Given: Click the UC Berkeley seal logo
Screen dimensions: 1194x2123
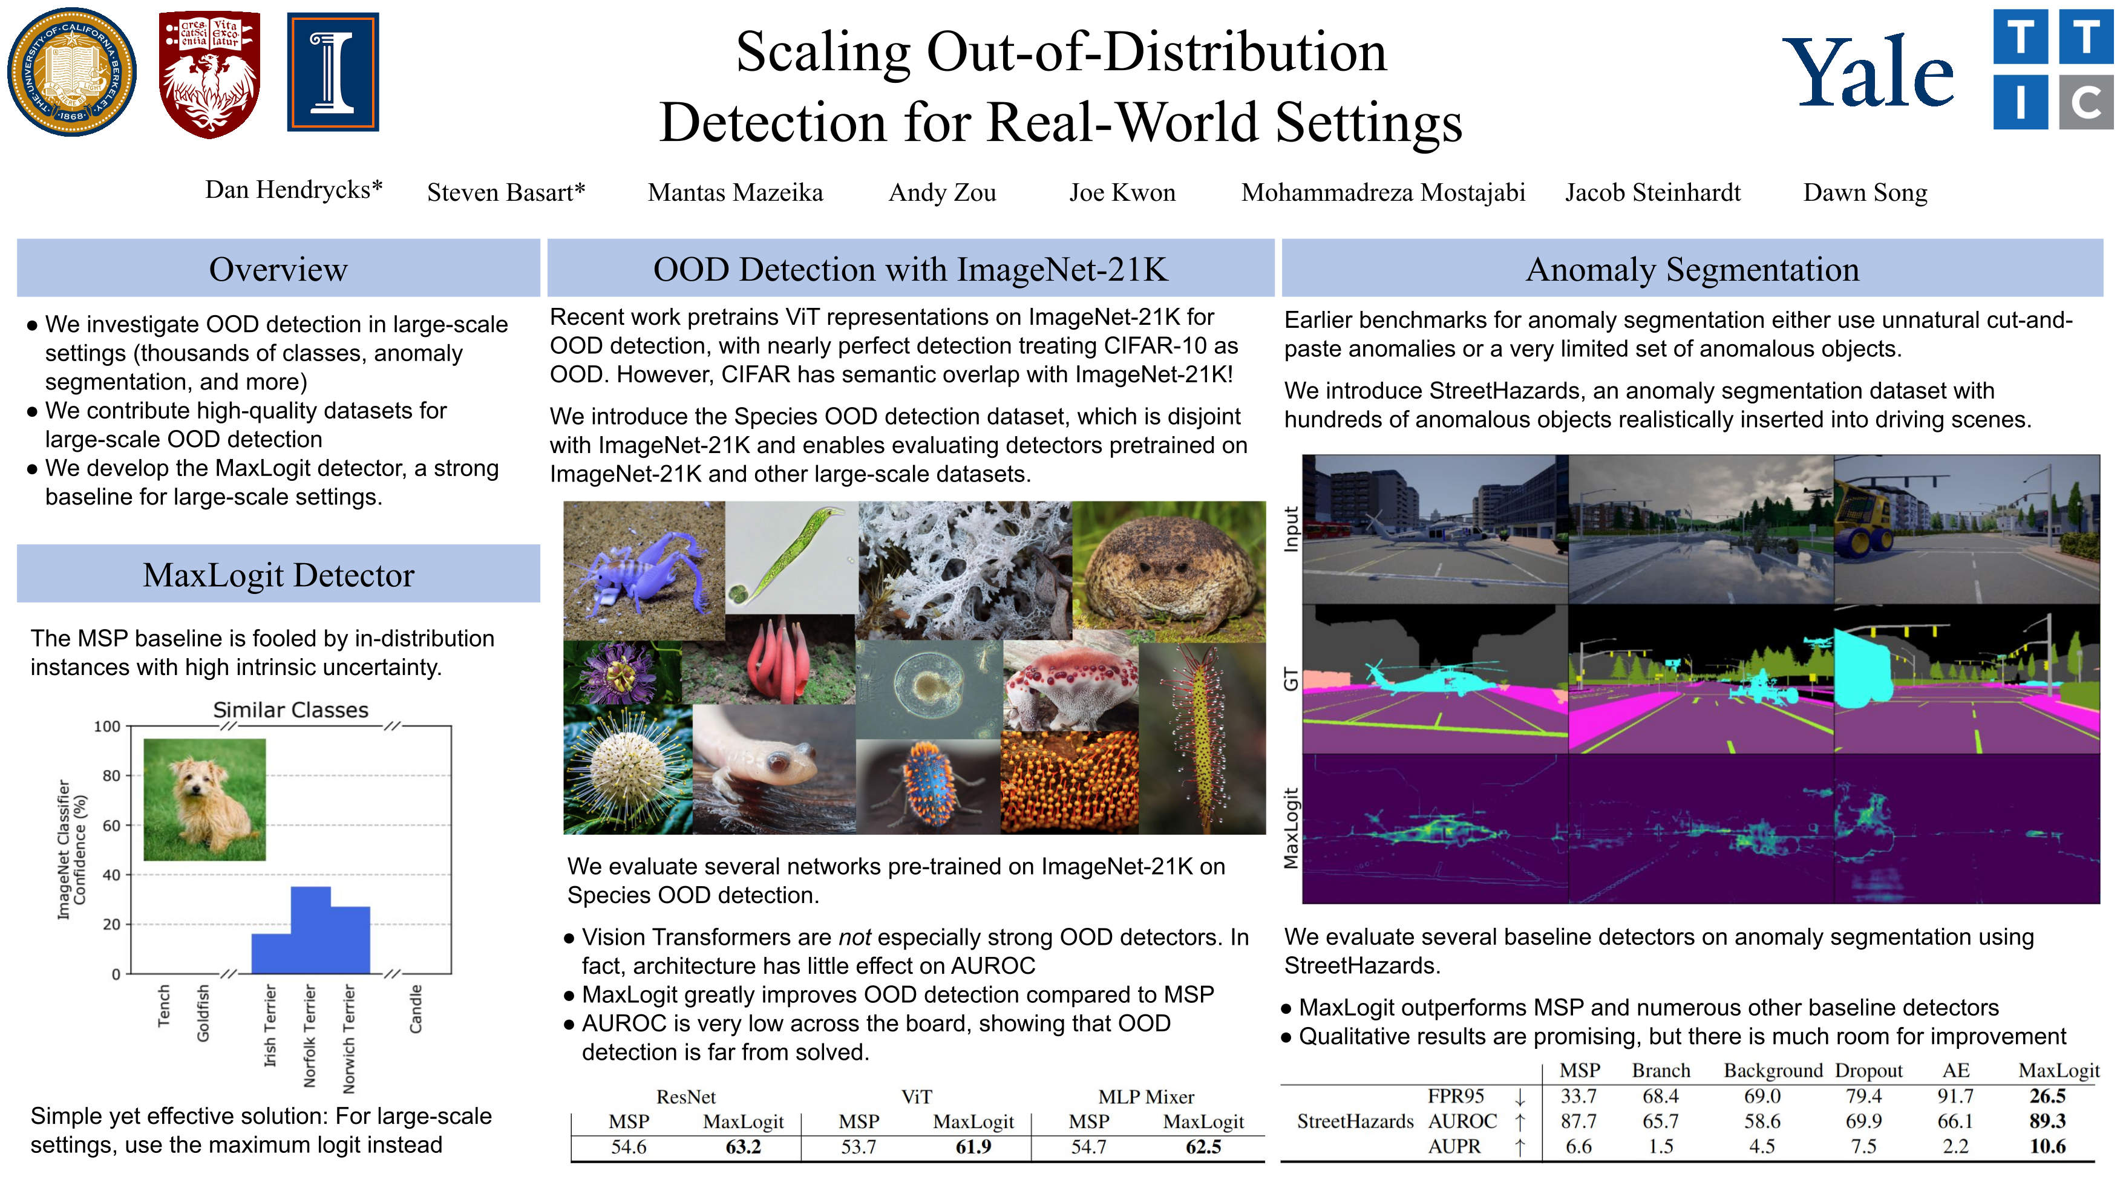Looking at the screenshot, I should (72, 72).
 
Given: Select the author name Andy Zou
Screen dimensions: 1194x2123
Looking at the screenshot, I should (942, 193).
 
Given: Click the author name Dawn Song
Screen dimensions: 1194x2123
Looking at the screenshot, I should (1865, 193).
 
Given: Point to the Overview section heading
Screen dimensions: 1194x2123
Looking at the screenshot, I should (278, 269).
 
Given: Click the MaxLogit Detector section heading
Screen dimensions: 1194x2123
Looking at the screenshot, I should (278, 575).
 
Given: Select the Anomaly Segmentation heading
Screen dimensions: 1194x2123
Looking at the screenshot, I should (1692, 269).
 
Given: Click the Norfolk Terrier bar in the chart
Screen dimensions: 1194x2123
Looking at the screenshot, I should (311, 930).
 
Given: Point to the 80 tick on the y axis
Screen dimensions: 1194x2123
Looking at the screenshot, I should (111, 775).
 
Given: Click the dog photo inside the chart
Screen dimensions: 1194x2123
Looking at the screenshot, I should (204, 799).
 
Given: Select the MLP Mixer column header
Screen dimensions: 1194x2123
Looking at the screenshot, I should (1145, 1097).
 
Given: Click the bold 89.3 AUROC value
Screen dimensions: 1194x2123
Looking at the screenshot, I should (2047, 1121).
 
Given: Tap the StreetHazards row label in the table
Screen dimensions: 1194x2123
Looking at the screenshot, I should (1355, 1121).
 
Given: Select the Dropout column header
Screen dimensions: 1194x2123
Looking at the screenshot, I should (1868, 1071).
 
